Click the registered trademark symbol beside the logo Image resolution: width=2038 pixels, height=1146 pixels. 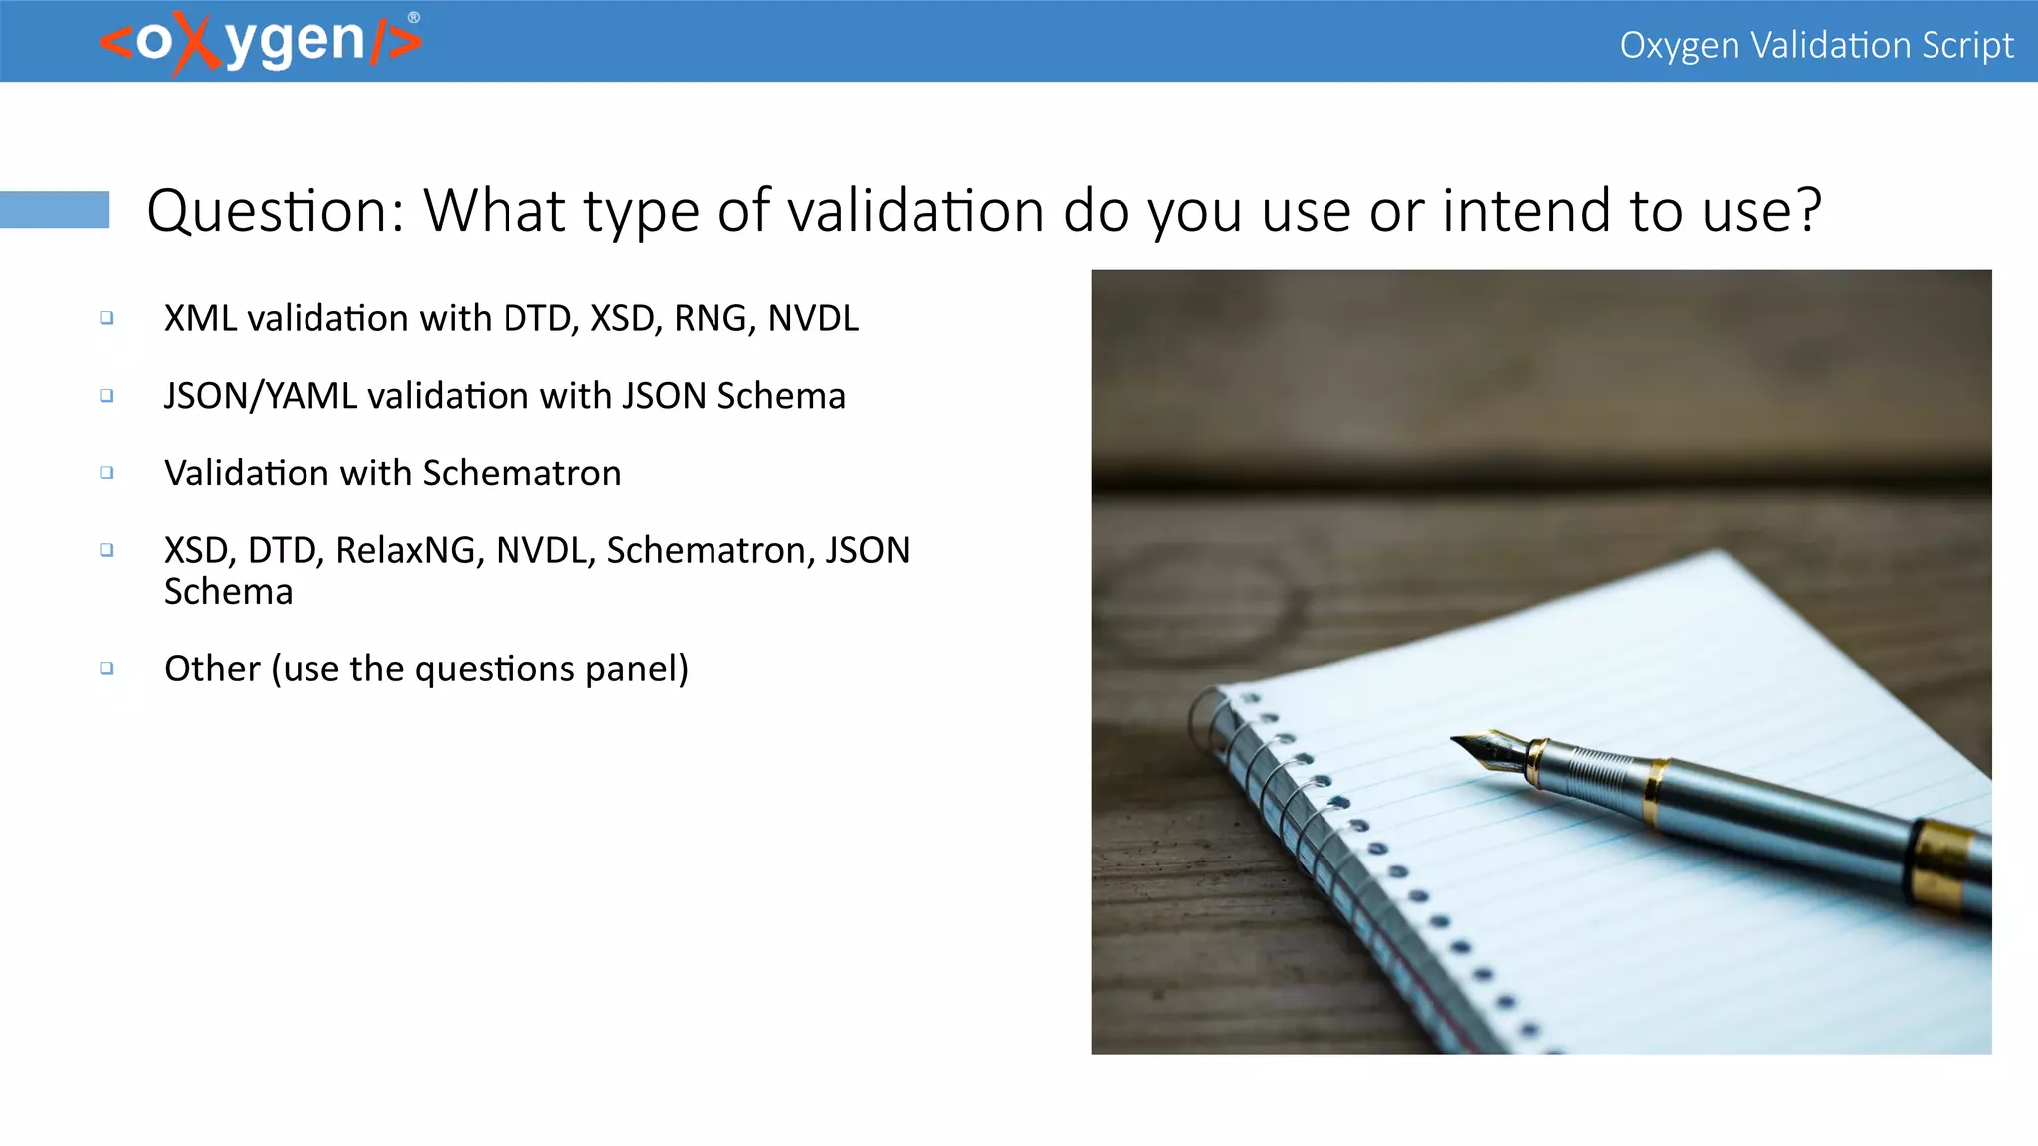click(x=414, y=18)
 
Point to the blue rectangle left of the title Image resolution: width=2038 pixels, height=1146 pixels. click(x=55, y=210)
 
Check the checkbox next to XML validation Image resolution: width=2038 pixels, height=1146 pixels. click(x=106, y=318)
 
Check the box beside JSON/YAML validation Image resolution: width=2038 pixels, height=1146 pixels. click(x=106, y=396)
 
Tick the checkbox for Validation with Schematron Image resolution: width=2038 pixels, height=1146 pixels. click(x=106, y=473)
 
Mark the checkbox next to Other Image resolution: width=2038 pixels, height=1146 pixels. click(x=106, y=668)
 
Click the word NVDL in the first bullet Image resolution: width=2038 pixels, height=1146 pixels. click(x=813, y=319)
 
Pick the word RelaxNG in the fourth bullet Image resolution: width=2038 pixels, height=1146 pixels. click(x=410, y=551)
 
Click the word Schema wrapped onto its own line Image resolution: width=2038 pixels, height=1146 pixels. click(x=229, y=592)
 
